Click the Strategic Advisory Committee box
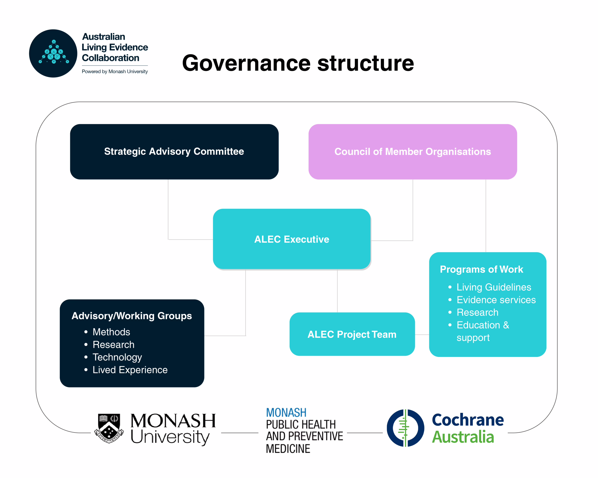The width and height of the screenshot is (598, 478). tap(174, 151)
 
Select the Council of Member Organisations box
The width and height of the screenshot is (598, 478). tap(413, 151)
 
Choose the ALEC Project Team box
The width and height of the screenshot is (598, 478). tap(352, 334)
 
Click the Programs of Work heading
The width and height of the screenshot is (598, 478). tap(481, 269)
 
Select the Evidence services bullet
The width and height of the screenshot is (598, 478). tap(496, 300)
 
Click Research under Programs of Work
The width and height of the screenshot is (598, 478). tap(477, 312)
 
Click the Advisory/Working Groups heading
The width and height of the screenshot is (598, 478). tap(132, 316)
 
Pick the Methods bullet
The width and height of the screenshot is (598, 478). tap(111, 332)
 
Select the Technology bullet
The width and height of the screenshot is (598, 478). tap(117, 357)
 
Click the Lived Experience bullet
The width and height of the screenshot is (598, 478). tap(130, 370)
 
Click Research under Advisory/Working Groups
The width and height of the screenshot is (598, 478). tap(114, 344)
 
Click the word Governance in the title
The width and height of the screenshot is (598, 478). tap(246, 63)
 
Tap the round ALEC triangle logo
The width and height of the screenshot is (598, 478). tap(53, 53)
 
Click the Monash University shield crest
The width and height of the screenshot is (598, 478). tap(109, 428)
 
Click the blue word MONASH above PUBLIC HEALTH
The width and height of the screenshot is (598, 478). tap(286, 413)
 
